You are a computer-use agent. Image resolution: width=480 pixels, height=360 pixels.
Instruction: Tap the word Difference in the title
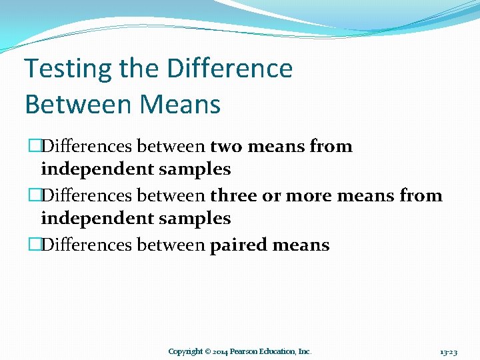tap(230, 69)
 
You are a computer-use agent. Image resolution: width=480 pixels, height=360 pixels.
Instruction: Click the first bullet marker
tap(33, 147)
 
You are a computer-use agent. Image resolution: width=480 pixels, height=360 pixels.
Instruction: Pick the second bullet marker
tap(33, 196)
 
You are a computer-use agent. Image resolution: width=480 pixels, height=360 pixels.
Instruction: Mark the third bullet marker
tap(33, 245)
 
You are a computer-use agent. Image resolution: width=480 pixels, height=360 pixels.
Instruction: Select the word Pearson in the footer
tap(247, 351)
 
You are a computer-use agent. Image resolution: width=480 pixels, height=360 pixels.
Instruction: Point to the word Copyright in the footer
tap(185, 351)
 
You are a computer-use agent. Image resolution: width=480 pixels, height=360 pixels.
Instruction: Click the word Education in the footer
tap(281, 351)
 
